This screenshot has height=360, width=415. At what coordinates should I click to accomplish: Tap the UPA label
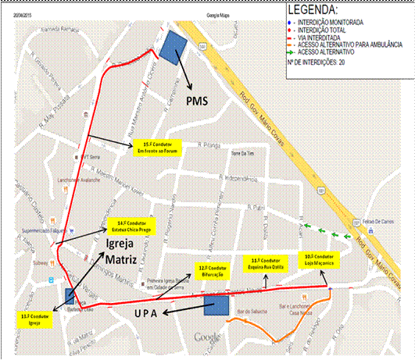click(x=171, y=312)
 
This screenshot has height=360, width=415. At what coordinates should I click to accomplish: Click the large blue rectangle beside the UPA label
click(x=215, y=305)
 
